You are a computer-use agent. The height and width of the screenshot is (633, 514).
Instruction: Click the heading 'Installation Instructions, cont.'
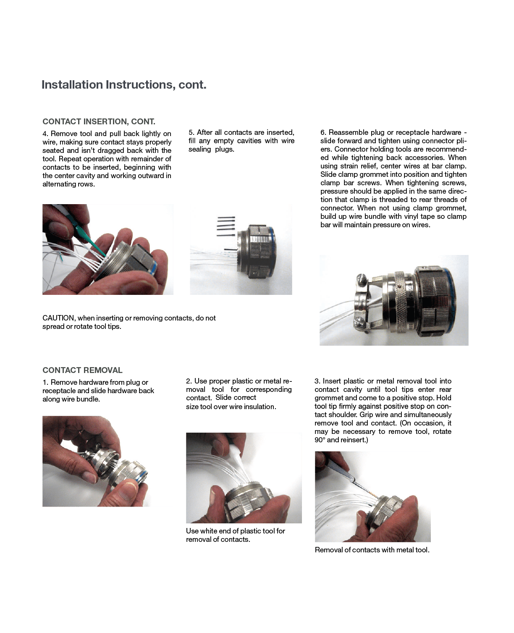pos(124,85)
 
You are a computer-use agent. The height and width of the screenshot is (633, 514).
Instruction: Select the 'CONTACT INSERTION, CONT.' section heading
pos(99,121)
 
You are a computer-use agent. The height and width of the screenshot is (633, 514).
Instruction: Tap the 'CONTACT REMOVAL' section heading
pos(82,370)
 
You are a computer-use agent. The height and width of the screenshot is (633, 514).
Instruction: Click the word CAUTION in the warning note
pos(58,318)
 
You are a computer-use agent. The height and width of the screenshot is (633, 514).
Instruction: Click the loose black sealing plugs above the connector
pos(226,226)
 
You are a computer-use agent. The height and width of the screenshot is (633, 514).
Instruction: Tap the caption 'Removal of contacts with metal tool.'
pos(372,550)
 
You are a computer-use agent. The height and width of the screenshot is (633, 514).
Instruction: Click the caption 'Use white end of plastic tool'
pos(235,531)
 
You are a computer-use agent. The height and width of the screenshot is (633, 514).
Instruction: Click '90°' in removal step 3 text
pos(320,440)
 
